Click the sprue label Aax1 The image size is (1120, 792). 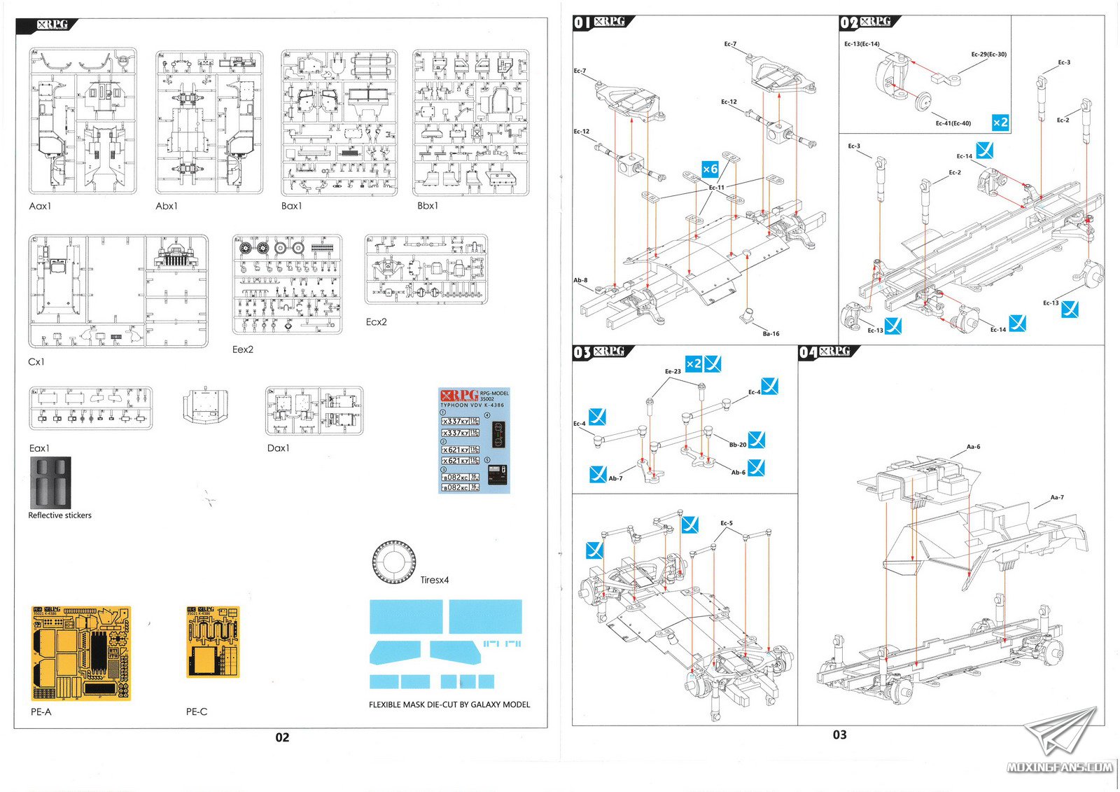40,206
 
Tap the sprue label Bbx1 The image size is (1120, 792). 428,206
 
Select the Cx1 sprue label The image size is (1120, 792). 36,362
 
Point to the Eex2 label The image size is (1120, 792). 243,349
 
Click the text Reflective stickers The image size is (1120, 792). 59,515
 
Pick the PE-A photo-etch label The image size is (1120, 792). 41,711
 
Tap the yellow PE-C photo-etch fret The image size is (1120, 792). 213,641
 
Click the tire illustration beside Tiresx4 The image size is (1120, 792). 394,562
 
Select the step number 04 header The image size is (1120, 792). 808,352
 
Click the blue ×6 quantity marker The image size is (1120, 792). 710,169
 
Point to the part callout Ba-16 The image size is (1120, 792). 771,334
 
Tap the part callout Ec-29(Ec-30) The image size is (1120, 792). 988,55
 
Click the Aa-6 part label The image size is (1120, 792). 973,447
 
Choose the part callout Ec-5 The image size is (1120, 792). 727,523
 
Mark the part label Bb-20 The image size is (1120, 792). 738,445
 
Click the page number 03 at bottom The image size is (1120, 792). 839,735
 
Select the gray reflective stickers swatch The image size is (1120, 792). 50,483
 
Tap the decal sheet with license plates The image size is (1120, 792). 474,440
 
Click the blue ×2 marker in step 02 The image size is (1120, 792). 1000,123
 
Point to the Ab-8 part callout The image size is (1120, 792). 580,280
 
